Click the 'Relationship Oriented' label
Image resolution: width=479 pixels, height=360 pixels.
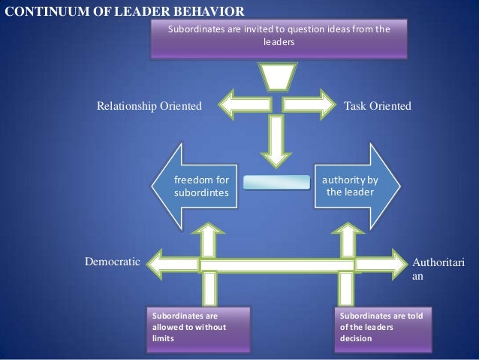(x=149, y=107)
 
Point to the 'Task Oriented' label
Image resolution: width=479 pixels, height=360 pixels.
(x=377, y=107)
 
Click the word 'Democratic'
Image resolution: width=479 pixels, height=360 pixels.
(x=112, y=262)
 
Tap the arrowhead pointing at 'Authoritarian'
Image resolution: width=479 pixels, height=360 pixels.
(x=399, y=264)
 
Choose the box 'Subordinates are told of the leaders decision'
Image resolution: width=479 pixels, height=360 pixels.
(x=384, y=328)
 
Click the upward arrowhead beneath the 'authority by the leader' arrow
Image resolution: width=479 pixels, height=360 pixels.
(x=346, y=225)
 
